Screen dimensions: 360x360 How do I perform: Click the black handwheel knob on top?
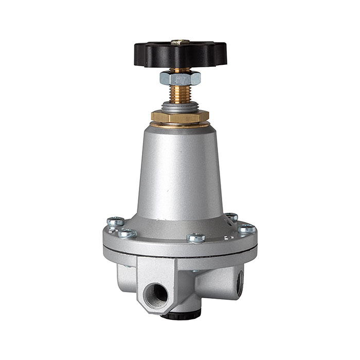click(154, 53)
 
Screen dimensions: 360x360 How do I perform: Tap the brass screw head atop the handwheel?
click(179, 42)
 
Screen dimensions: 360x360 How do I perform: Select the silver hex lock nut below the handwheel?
click(179, 78)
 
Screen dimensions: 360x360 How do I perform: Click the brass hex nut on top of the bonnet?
click(179, 117)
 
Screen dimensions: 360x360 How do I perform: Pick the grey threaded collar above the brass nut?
click(179, 106)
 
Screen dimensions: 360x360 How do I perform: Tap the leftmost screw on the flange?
click(115, 222)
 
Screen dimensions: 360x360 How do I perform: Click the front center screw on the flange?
click(196, 237)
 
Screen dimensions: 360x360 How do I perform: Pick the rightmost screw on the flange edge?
click(246, 228)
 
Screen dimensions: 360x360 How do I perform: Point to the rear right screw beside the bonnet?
click(232, 217)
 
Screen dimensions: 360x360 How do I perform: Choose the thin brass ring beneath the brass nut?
click(179, 124)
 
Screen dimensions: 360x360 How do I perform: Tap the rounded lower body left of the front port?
click(123, 275)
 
